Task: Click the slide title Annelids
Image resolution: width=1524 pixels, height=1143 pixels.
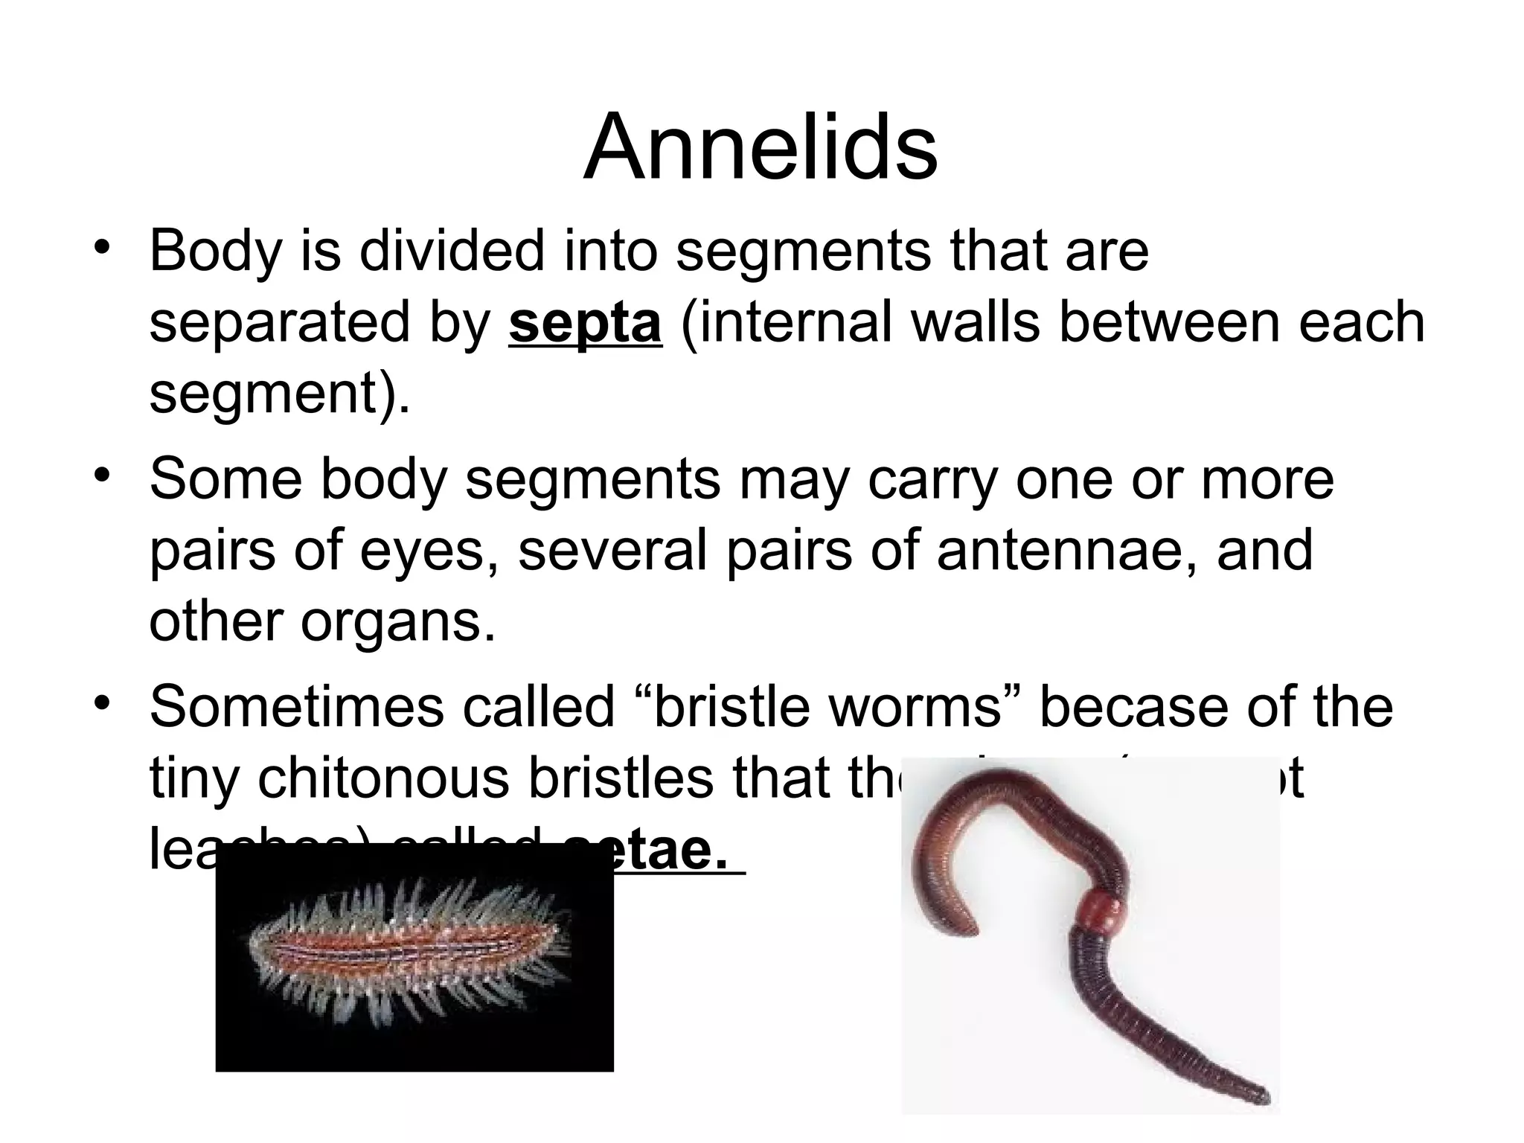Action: pos(760,147)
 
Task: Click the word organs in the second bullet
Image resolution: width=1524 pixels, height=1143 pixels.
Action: pos(397,621)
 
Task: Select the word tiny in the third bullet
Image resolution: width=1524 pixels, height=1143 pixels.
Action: pos(194,778)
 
